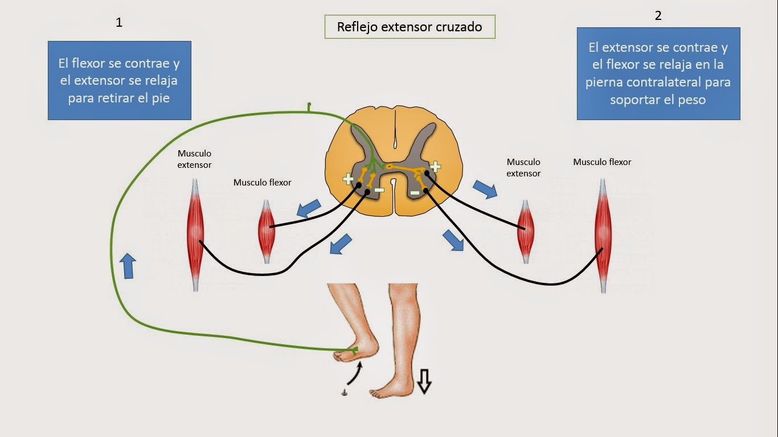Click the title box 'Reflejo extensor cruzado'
click(x=410, y=27)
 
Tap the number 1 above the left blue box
click(x=119, y=23)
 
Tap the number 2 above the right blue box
click(x=658, y=16)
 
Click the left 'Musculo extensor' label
click(x=194, y=159)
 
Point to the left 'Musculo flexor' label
click(x=262, y=183)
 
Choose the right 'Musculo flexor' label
click(x=602, y=162)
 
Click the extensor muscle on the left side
click(x=195, y=233)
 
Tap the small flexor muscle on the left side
click(x=267, y=231)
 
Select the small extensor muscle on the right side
click(x=525, y=231)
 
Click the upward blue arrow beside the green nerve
click(x=128, y=266)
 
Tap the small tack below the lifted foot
click(x=344, y=392)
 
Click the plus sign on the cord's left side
click(x=347, y=179)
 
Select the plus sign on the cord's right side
click(x=435, y=166)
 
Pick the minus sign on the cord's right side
click(x=415, y=193)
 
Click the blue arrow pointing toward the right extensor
click(x=485, y=189)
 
